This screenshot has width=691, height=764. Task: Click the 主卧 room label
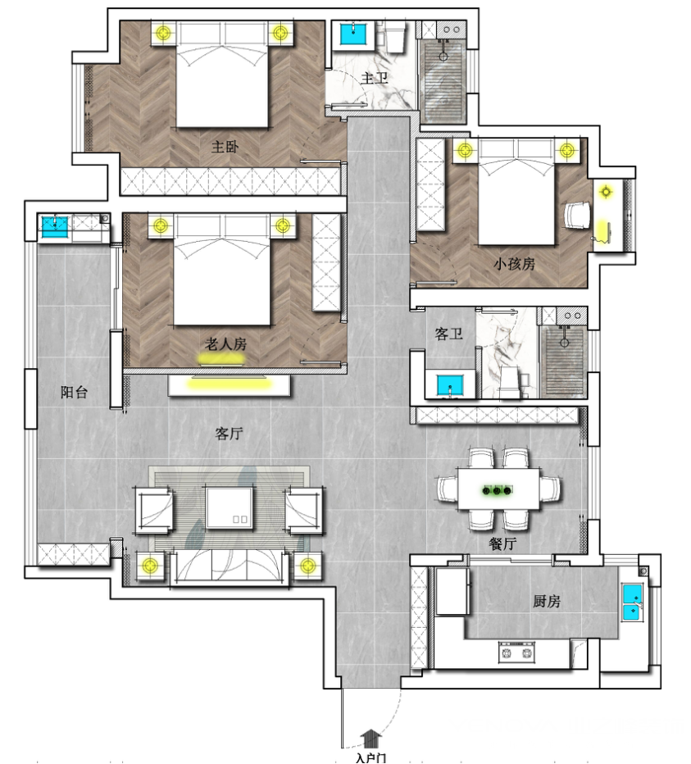point(225,147)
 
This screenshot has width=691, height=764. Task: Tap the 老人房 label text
point(225,344)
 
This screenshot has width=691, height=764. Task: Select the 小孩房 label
point(514,264)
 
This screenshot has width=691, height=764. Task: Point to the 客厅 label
point(229,433)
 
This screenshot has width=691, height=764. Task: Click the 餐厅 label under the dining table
point(502,543)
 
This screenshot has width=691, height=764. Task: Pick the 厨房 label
point(546,601)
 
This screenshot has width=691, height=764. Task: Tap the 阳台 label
point(74,392)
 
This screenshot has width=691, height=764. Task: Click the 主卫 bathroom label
point(375,78)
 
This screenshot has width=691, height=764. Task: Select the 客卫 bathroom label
point(448,334)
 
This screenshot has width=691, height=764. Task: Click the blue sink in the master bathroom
point(353,34)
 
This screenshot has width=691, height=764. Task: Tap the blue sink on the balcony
point(55,226)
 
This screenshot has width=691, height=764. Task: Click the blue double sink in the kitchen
point(633,603)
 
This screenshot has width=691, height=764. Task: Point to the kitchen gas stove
point(516,652)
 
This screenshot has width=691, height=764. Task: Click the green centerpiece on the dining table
point(497,490)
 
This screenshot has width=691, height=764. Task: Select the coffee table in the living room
point(229,507)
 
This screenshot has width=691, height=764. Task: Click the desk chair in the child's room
point(577,215)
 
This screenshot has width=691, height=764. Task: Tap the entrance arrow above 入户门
point(371,738)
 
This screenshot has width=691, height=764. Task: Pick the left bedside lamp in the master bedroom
point(164,33)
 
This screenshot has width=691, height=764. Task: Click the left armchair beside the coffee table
point(154,509)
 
